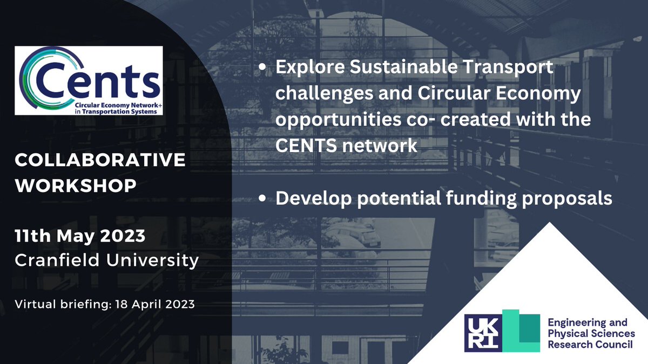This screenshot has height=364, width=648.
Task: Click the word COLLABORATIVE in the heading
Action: pyautogui.click(x=100, y=160)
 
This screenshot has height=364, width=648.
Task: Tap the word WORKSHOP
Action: pyautogui.click(x=76, y=185)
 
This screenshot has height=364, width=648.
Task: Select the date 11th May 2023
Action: pyautogui.click(x=80, y=235)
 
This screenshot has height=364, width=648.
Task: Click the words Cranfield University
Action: pyautogui.click(x=106, y=260)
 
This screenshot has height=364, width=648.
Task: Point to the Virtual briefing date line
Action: pyautogui.click(x=105, y=304)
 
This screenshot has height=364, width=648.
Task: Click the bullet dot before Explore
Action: pyautogui.click(x=262, y=69)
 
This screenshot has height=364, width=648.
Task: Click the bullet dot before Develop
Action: pyautogui.click(x=262, y=199)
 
